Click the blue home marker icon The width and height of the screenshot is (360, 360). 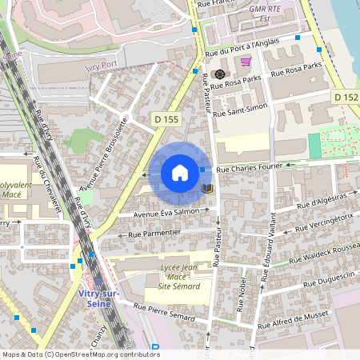(x=180, y=173)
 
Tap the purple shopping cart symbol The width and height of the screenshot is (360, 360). (x=246, y=61)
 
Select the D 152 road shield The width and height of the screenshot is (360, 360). (x=346, y=97)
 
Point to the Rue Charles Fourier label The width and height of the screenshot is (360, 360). (x=250, y=169)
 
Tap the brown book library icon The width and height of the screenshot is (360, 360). (x=207, y=189)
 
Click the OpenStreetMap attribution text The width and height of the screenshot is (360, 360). (x=81, y=354)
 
